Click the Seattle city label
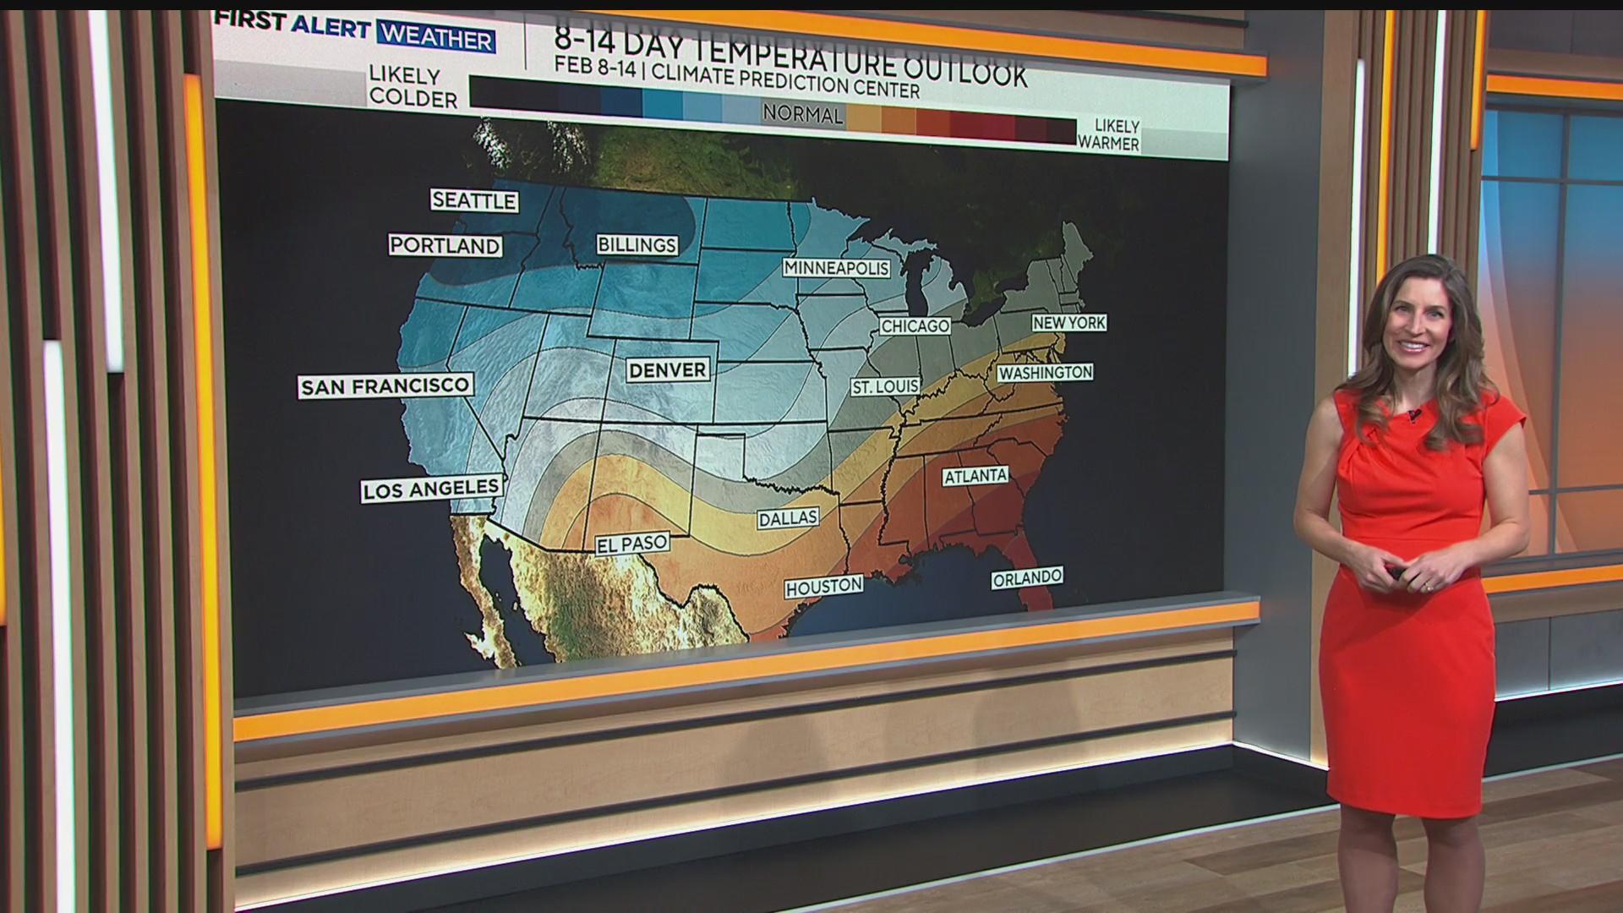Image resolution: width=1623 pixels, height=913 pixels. click(x=473, y=200)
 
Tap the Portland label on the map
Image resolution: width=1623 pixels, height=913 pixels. click(x=445, y=245)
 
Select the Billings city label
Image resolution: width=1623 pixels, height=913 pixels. click(x=637, y=245)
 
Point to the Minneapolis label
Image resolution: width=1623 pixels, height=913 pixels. click(x=837, y=268)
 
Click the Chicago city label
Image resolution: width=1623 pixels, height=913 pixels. click(x=915, y=326)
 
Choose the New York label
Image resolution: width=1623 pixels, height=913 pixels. click(x=1069, y=323)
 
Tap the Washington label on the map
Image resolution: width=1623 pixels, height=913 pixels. click(x=1046, y=373)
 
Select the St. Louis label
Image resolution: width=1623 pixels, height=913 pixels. click(x=885, y=386)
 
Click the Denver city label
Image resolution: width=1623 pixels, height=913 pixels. click(x=668, y=370)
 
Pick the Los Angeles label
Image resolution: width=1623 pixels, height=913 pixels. click(x=431, y=489)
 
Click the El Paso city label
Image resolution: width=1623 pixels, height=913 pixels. click(x=632, y=544)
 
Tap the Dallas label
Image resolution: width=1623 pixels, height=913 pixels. click(x=788, y=518)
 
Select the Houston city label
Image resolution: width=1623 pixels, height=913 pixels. click(x=824, y=586)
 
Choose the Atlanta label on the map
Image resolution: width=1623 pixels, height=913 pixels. click(x=975, y=476)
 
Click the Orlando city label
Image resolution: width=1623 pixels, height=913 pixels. click(x=1027, y=578)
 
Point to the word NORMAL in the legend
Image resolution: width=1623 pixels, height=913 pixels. click(x=802, y=114)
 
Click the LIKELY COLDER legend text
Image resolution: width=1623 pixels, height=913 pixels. click(x=413, y=88)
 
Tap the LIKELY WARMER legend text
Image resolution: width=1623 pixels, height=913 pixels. click(x=1108, y=135)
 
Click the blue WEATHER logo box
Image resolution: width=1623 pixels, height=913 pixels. click(x=435, y=38)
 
